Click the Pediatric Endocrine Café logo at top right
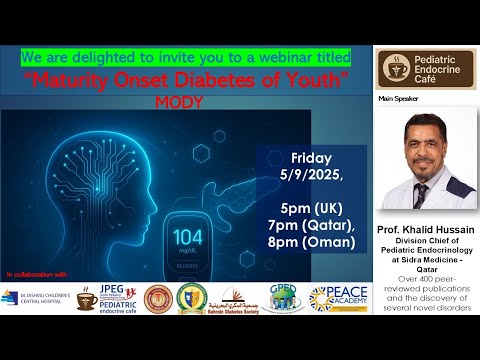click(x=425, y=68)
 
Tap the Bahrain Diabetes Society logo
click(x=239, y=298)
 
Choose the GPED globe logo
click(x=287, y=297)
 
